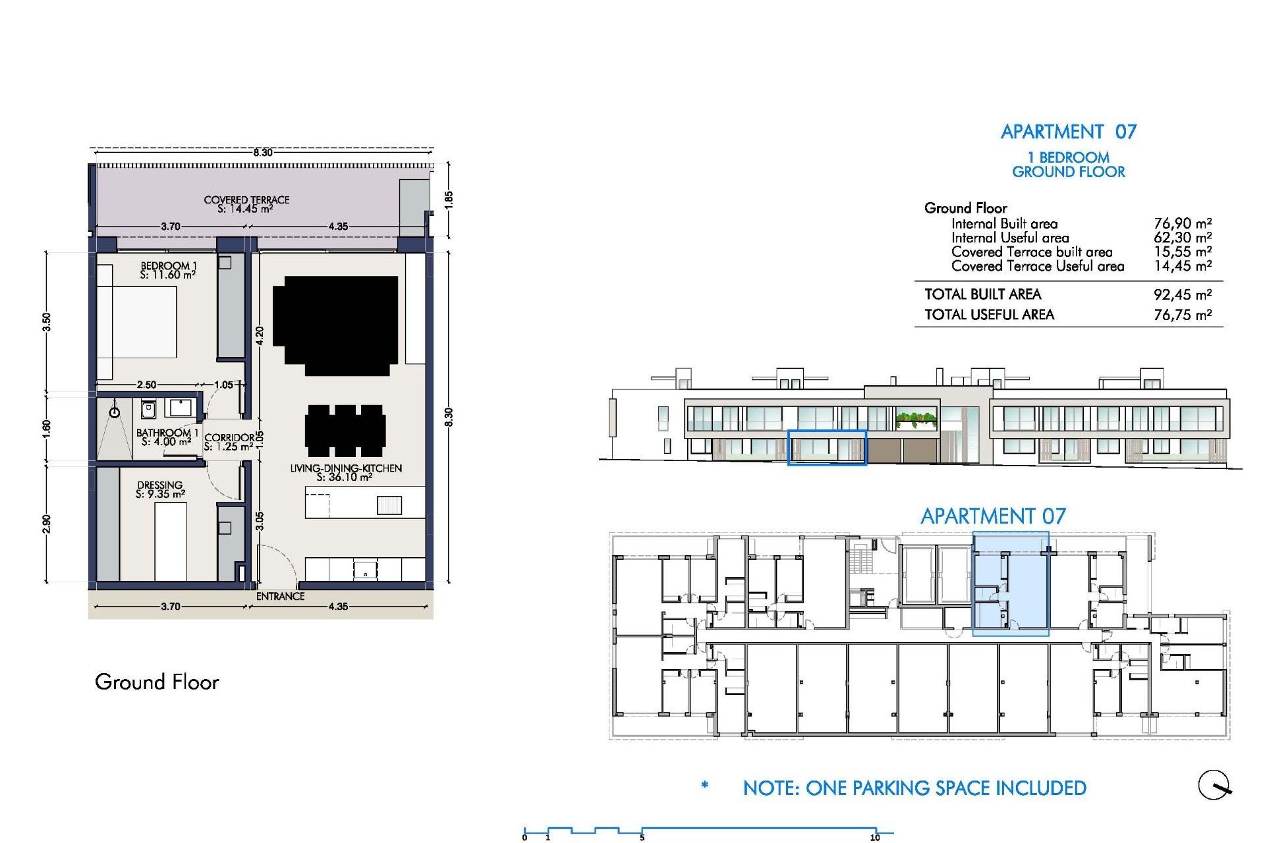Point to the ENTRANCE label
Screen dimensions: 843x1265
(280, 596)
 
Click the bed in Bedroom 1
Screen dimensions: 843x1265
(137, 322)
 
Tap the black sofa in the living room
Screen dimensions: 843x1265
(335, 325)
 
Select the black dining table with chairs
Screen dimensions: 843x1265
(345, 430)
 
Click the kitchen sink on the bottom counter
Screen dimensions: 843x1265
(364, 568)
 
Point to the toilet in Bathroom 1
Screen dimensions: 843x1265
(148, 410)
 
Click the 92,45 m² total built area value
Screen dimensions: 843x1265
(1182, 294)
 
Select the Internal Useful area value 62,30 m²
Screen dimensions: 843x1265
(1182, 238)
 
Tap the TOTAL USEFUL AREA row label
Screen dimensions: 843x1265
(989, 315)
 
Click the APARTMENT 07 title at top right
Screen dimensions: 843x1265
(1068, 132)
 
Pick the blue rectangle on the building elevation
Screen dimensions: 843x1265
(827, 448)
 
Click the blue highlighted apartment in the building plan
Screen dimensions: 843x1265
(1011, 585)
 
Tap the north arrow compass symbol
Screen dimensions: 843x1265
(1214, 785)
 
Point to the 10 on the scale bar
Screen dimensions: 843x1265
(874, 838)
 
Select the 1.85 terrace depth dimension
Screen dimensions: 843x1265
(449, 199)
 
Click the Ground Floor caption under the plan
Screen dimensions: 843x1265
(157, 682)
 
